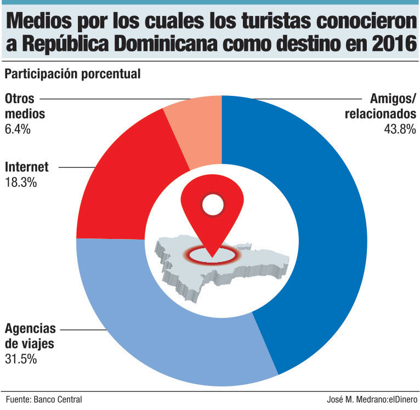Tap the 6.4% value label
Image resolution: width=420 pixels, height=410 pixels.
(x=18, y=130)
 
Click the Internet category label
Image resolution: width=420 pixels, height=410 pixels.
(x=27, y=167)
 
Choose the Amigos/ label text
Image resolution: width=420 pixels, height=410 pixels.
(x=393, y=99)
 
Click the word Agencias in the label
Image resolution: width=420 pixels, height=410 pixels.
(x=30, y=329)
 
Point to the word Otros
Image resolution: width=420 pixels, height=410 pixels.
(x=20, y=99)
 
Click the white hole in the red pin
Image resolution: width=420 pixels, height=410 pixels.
(x=211, y=206)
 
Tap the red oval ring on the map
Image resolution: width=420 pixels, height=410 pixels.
(x=211, y=253)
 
